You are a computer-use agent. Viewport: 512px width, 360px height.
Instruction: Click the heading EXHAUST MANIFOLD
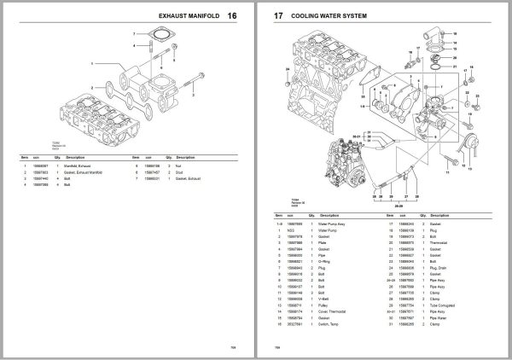pos(188,16)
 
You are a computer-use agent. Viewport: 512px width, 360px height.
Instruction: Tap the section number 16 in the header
pos(244,16)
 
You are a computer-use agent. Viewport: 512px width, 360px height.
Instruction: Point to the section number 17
pos(277,16)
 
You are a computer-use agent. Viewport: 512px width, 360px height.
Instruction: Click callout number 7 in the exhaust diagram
pos(133,33)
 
